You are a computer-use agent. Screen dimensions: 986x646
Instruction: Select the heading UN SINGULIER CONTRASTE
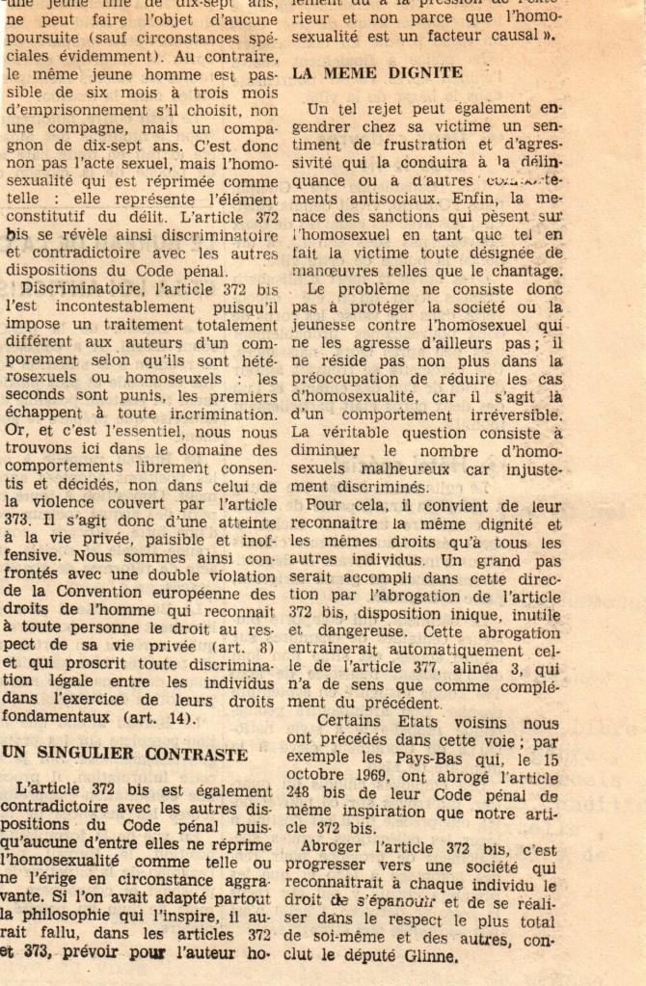pos(124,754)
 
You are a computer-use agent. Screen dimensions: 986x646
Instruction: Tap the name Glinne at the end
pos(422,956)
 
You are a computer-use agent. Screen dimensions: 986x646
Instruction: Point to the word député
pos(370,956)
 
